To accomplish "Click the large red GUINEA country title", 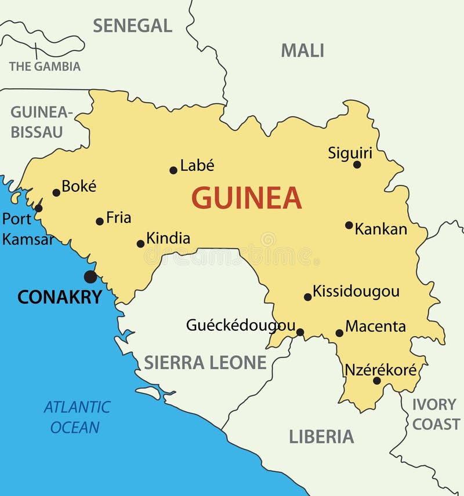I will [x=246, y=198].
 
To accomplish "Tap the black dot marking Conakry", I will [x=90, y=276].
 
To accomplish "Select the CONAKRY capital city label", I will [x=59, y=297].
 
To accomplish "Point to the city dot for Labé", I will [x=173, y=170].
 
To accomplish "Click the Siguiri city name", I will [x=350, y=153].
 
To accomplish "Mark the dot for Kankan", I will [x=349, y=225].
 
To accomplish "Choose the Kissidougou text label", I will [x=356, y=291].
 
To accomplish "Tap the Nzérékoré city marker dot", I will [x=376, y=381].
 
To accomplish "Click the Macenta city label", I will [x=375, y=326].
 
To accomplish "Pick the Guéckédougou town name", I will [x=240, y=326].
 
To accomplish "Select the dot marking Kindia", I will [x=140, y=244].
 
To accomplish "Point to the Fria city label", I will [x=118, y=218].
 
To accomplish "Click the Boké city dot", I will [x=56, y=193].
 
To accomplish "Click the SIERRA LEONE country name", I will [x=205, y=363].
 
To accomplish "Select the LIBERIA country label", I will [x=321, y=436].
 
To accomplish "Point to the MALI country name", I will [x=302, y=51].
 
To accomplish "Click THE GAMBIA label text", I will [x=45, y=67].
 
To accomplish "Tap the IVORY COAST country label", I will [x=436, y=414].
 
